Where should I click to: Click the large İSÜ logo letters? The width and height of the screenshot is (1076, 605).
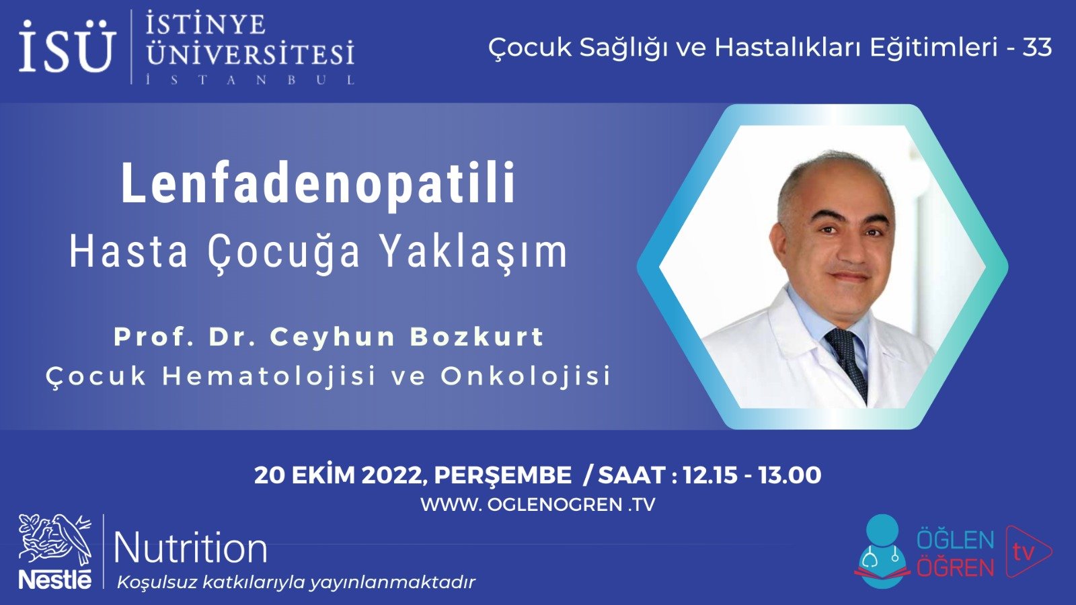[x=66, y=47]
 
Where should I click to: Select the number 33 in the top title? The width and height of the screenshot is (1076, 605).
[x=1037, y=47]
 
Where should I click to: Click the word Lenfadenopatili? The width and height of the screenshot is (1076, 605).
[x=319, y=183]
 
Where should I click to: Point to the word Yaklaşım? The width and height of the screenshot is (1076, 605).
[x=473, y=251]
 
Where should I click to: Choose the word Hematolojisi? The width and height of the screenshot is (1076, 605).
[x=269, y=376]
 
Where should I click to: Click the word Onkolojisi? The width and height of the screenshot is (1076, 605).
[x=526, y=376]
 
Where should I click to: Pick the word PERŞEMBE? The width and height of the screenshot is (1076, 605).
[x=502, y=475]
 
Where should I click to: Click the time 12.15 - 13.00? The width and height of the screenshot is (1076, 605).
[x=752, y=475]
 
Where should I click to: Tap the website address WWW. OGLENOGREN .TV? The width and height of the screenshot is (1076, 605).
[x=537, y=504]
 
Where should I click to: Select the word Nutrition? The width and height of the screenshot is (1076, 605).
[x=191, y=548]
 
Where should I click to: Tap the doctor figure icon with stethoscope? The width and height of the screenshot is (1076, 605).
[x=882, y=551]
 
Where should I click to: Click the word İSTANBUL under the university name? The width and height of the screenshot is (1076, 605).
[x=250, y=80]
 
